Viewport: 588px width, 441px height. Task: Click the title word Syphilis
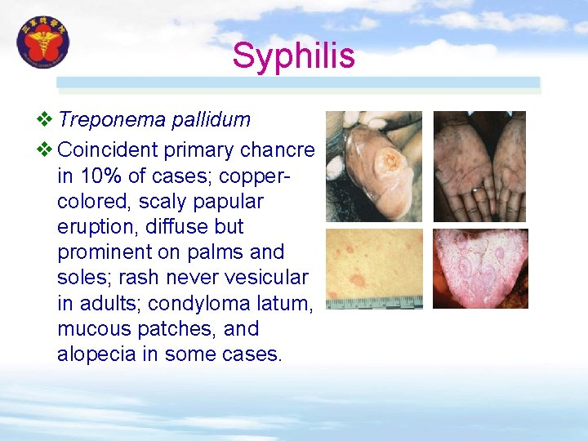(293, 56)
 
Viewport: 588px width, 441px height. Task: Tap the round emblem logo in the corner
(44, 42)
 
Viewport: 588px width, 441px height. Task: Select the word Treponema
(112, 120)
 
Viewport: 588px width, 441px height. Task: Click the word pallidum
(211, 120)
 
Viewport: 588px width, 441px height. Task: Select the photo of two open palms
(479, 167)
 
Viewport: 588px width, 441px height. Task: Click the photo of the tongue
(479, 268)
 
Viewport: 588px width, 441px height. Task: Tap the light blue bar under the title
(298, 82)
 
